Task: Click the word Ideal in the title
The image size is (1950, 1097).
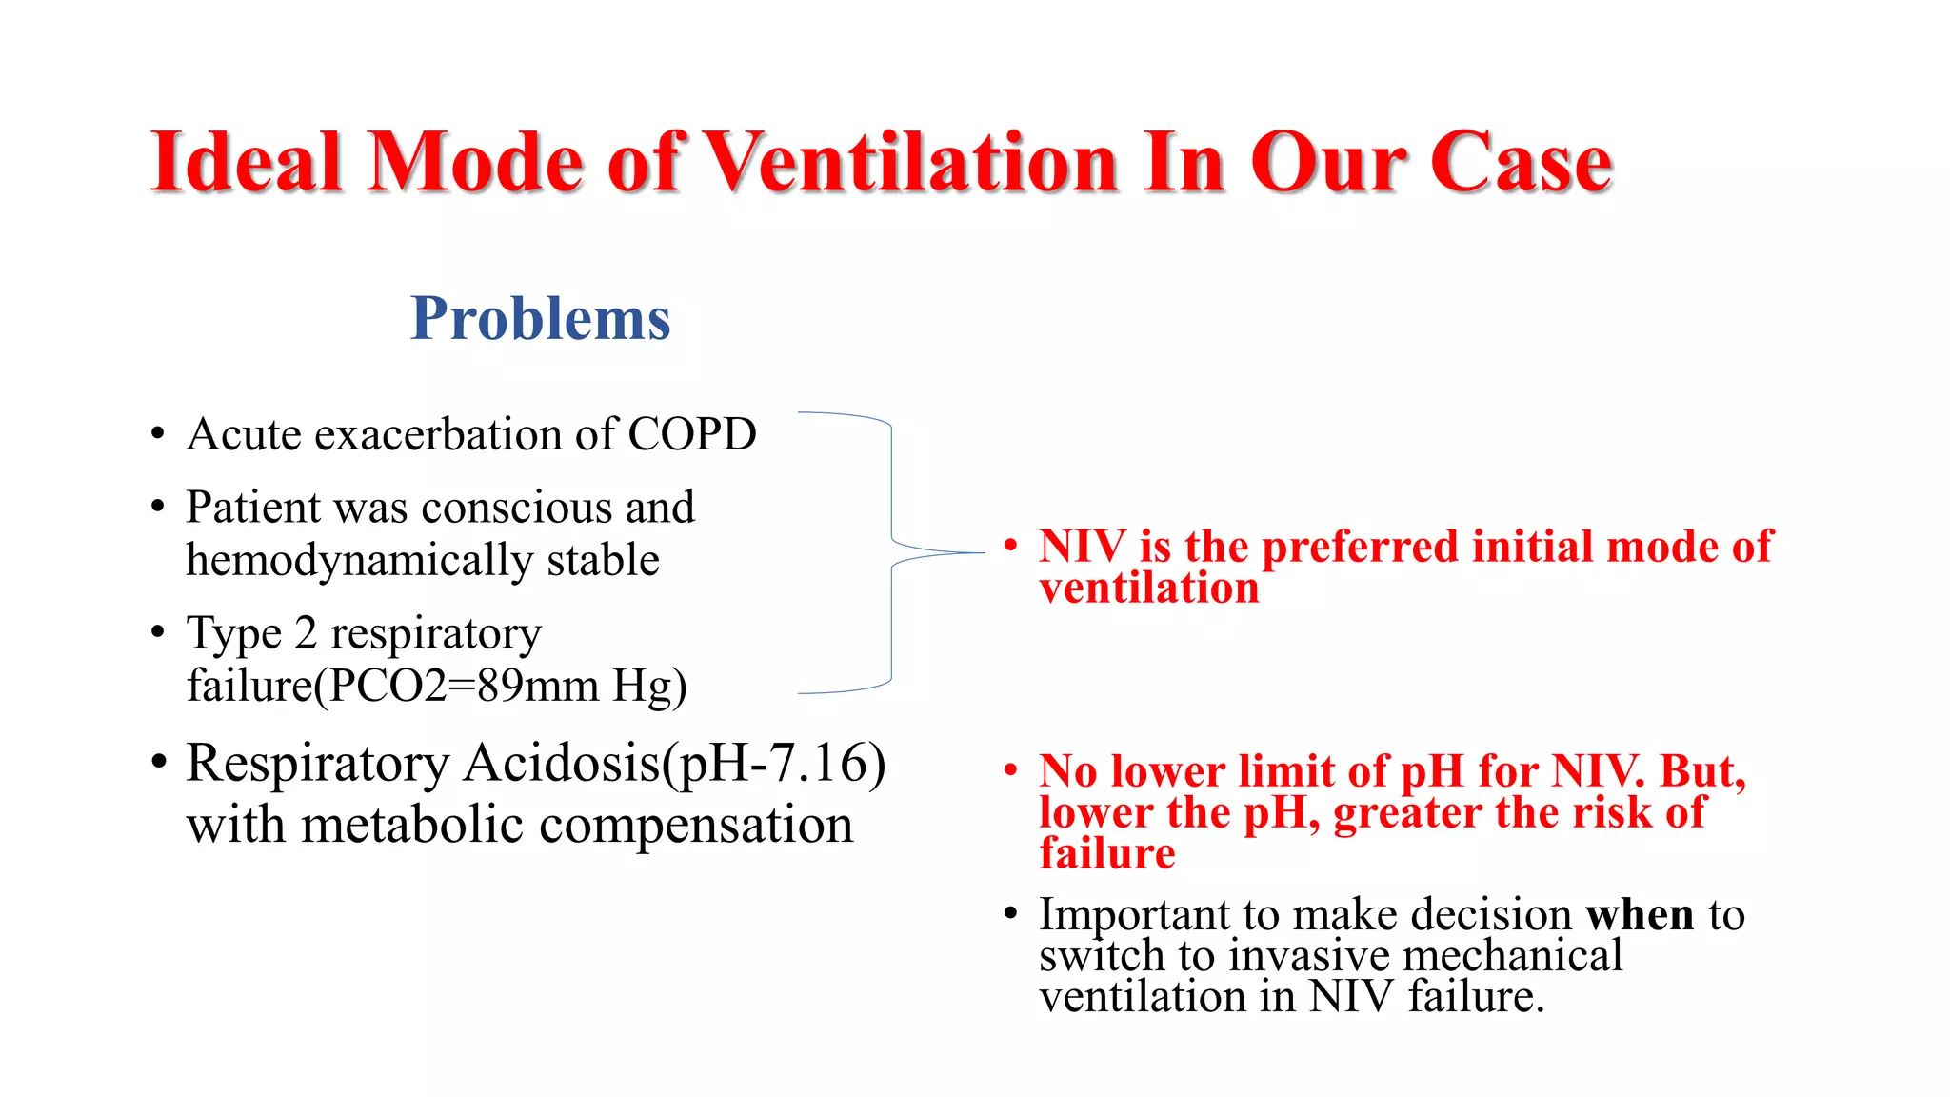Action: point(246,162)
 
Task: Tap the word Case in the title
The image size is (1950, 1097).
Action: point(1521,162)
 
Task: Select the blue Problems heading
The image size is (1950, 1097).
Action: point(540,318)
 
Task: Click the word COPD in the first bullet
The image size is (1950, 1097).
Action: point(691,434)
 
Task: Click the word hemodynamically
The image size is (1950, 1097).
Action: point(359,561)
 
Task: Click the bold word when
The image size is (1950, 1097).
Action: point(1640,915)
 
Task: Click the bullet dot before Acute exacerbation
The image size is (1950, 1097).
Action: point(158,434)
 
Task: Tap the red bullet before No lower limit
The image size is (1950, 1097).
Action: point(1011,769)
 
